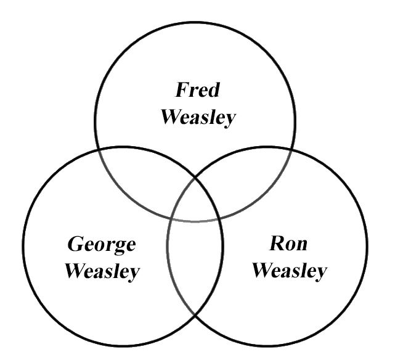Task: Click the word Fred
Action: (197, 91)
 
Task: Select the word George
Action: (101, 245)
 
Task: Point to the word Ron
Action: (288, 243)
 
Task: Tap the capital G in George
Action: (75, 244)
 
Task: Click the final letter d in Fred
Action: (213, 91)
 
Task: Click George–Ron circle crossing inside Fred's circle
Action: (196, 176)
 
